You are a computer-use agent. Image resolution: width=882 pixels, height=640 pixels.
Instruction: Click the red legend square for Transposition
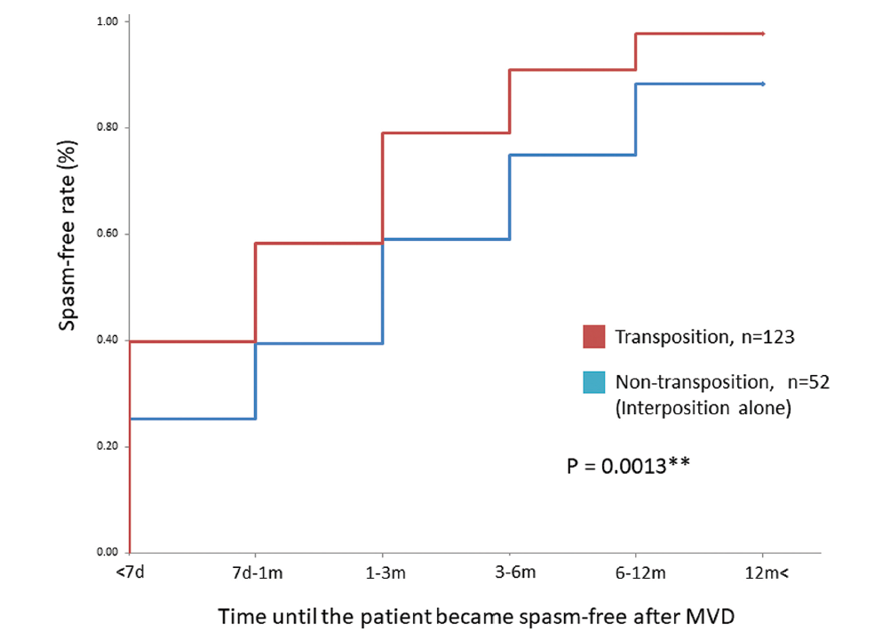[594, 338]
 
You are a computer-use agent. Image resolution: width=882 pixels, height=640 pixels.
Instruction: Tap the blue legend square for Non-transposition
[594, 383]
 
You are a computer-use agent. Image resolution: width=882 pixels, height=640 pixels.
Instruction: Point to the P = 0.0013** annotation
[628, 465]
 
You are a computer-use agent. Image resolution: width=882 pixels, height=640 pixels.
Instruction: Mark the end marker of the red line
[763, 34]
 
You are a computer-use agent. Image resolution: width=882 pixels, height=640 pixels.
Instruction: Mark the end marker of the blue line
[763, 84]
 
